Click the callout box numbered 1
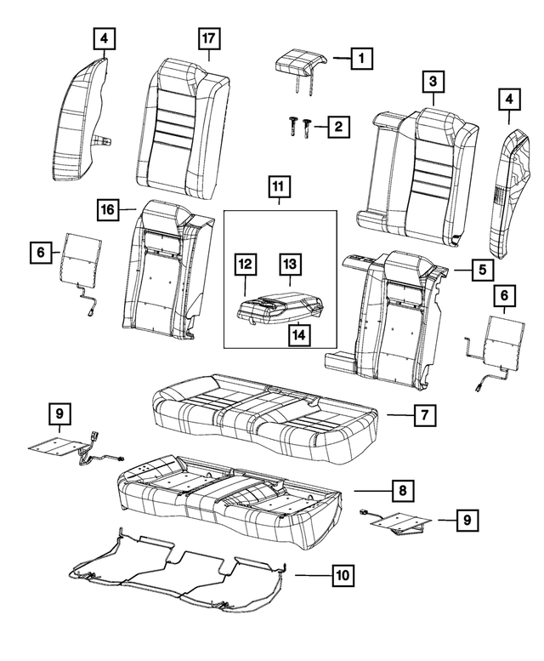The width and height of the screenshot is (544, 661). (x=361, y=58)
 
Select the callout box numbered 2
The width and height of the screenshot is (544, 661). (x=338, y=128)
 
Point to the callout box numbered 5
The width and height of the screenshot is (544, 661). (x=480, y=271)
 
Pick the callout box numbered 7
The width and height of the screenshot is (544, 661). (x=424, y=415)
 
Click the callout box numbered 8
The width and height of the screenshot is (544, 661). (x=400, y=491)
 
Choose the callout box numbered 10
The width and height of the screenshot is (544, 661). (x=342, y=576)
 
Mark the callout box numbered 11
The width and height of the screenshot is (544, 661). (x=278, y=185)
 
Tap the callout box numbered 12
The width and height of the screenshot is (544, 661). (x=245, y=267)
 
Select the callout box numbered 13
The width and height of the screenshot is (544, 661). (x=290, y=267)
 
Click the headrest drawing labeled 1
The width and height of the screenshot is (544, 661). (x=300, y=62)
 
